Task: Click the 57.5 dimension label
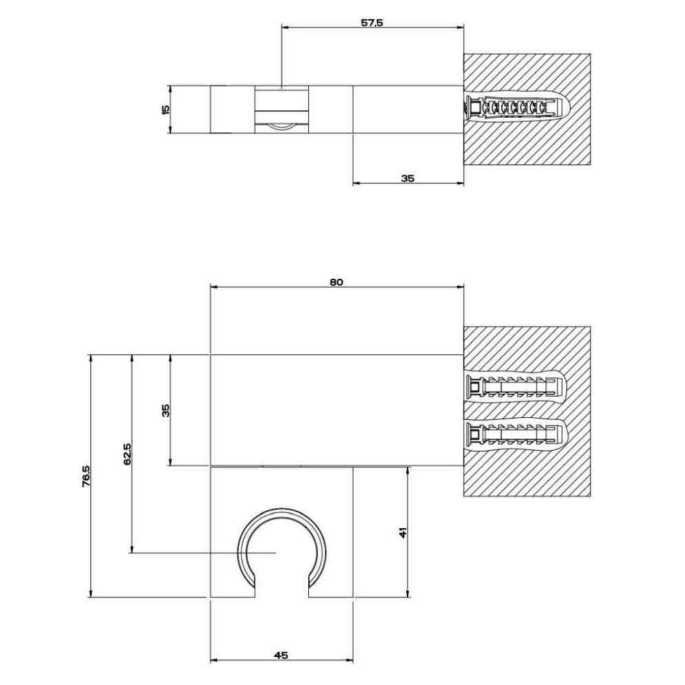pyautogui.click(x=372, y=23)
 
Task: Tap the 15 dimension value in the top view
pyautogui.click(x=165, y=109)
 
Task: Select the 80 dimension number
pyautogui.click(x=336, y=282)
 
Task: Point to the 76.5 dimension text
pyautogui.click(x=86, y=476)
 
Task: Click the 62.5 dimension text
pyautogui.click(x=127, y=453)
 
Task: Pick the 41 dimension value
pyautogui.click(x=403, y=532)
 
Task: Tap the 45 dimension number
pyautogui.click(x=282, y=655)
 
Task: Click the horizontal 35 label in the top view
pyautogui.click(x=408, y=178)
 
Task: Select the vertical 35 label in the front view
pyautogui.click(x=165, y=410)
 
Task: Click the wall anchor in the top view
pyautogui.click(x=516, y=107)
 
